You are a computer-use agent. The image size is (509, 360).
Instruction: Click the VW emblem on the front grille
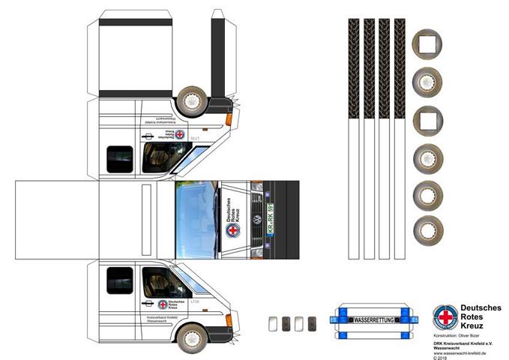(x=256, y=220)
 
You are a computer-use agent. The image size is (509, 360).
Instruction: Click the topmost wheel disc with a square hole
(x=428, y=43)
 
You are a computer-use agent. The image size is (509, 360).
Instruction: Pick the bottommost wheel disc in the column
(x=428, y=228)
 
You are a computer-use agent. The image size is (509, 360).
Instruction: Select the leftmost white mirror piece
(x=274, y=322)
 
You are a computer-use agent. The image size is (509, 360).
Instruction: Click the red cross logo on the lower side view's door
(x=162, y=304)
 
